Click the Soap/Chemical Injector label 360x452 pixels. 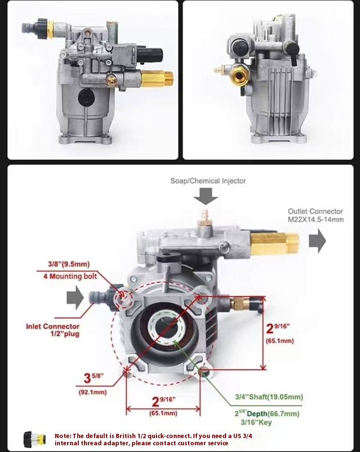click(x=208, y=181)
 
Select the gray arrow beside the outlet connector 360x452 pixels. click(x=317, y=241)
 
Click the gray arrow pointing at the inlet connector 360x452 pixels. click(x=74, y=298)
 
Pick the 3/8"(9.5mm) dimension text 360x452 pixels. click(x=69, y=264)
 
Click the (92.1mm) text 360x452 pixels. click(x=93, y=392)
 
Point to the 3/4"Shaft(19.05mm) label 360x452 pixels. click(x=269, y=397)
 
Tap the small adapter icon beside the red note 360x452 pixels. click(x=35, y=439)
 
